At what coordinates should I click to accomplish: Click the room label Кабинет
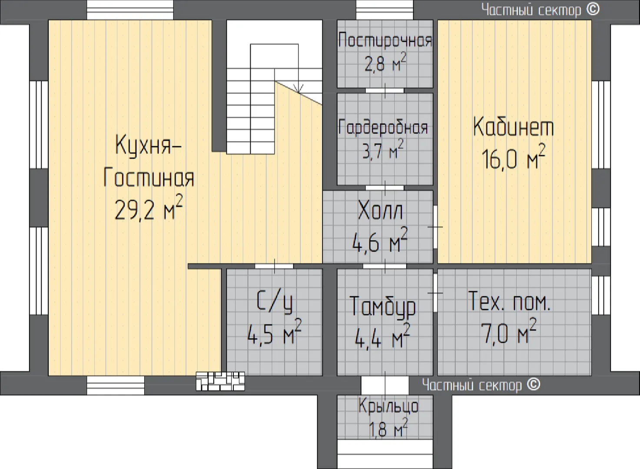(514, 126)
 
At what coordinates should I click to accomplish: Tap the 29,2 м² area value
(149, 208)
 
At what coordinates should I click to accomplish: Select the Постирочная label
(385, 40)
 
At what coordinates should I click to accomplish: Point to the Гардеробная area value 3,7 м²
(383, 149)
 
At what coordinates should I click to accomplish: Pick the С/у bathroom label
(275, 301)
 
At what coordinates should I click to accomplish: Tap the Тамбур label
(383, 307)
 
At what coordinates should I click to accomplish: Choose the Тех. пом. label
(509, 301)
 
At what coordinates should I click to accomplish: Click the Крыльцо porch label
(388, 406)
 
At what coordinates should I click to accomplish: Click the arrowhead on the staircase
(298, 88)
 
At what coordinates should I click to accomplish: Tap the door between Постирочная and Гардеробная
(385, 91)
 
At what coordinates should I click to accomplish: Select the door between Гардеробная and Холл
(385, 188)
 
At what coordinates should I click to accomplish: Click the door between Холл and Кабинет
(435, 227)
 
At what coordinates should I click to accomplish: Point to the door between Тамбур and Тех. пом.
(435, 293)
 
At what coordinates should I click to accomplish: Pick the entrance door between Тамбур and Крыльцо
(385, 386)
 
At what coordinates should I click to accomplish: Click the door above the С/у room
(274, 266)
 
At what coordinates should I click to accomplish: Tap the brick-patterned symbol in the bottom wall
(220, 381)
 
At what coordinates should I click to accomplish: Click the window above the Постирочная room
(385, 10)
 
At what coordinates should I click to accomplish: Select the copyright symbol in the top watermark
(593, 10)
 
